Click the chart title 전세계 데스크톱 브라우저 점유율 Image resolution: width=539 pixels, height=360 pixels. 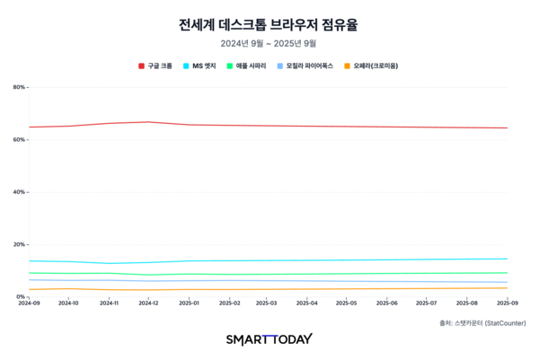coord(269,22)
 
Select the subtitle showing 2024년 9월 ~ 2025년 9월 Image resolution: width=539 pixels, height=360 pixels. coord(269,42)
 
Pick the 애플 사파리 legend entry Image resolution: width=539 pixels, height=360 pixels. coord(251,66)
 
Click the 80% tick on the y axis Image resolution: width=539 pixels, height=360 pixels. coord(19,87)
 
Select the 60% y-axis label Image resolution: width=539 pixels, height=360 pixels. coord(19,139)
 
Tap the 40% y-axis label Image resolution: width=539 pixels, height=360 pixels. coord(19,192)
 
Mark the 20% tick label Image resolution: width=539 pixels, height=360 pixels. coord(19,244)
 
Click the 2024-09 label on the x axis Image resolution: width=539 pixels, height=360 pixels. coord(30,303)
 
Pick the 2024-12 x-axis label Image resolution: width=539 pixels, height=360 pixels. coord(148,303)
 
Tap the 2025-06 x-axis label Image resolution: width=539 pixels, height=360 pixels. coord(387,303)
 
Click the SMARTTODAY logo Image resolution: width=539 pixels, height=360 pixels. coord(269,338)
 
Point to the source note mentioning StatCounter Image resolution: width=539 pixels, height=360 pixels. coord(482,322)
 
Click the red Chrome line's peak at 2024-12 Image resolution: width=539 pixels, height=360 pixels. coord(148,122)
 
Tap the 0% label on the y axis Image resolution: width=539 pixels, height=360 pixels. coord(21,296)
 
